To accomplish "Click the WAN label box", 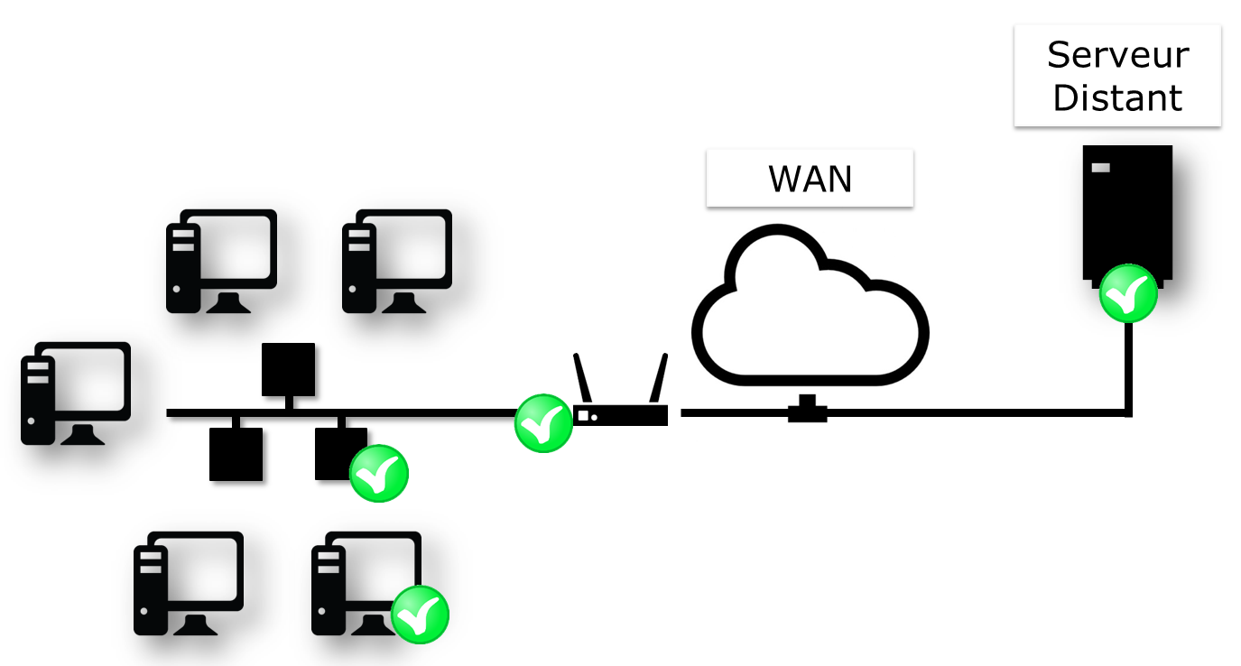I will click(x=810, y=179).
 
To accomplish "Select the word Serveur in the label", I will click(x=1117, y=55).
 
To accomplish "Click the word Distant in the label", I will click(x=1117, y=97).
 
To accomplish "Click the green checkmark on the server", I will click(x=1127, y=293).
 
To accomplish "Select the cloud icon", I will click(x=810, y=307).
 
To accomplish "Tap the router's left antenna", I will click(x=582, y=377).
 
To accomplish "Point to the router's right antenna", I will click(x=659, y=377).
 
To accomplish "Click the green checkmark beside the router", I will click(x=543, y=423).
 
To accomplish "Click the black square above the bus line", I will click(x=288, y=369).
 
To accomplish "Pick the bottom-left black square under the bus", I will click(x=236, y=454).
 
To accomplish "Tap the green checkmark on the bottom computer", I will click(x=420, y=615).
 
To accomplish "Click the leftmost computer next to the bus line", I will click(x=76, y=393).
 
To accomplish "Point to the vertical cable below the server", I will click(x=1128, y=365).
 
